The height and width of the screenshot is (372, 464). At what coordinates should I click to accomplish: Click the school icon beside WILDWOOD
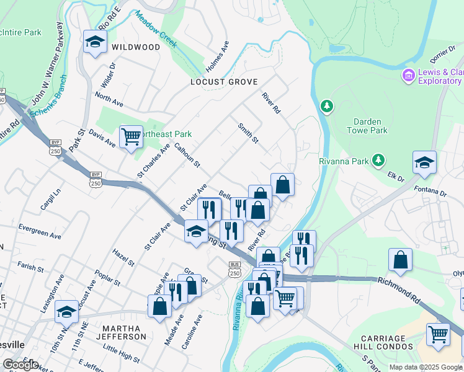click(95, 42)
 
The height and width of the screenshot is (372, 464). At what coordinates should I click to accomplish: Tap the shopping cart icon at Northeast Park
click(130, 136)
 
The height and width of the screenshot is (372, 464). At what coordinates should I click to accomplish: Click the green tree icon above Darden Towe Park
click(326, 107)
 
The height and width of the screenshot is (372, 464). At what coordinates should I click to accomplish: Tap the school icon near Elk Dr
click(424, 163)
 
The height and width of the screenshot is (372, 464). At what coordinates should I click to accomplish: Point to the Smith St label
click(248, 133)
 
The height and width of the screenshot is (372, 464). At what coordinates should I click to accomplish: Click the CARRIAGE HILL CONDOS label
click(385, 343)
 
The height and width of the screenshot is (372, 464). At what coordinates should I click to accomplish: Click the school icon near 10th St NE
click(66, 312)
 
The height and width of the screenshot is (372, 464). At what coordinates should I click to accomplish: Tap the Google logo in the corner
click(20, 365)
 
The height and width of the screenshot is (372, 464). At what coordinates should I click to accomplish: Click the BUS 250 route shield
click(234, 268)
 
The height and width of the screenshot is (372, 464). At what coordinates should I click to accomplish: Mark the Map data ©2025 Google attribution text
click(426, 367)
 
